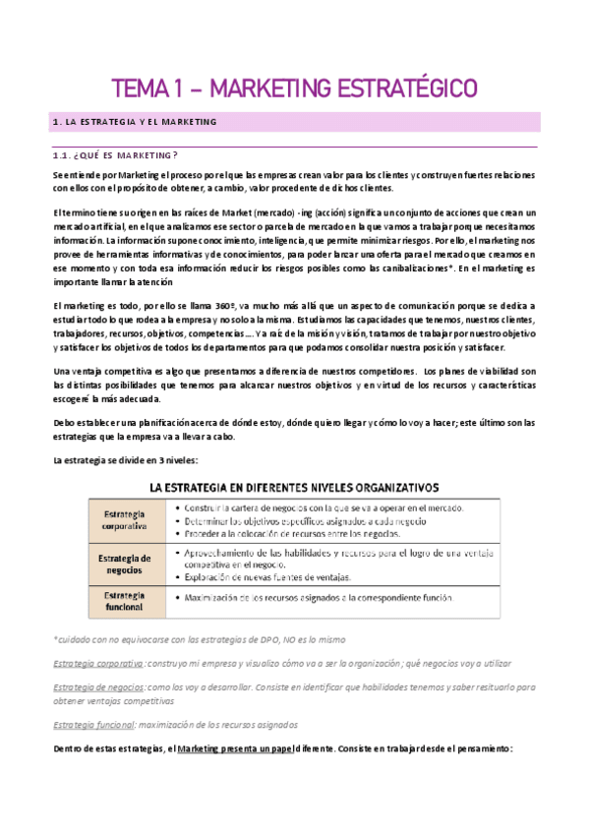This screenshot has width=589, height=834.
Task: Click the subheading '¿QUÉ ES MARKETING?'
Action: coord(117,155)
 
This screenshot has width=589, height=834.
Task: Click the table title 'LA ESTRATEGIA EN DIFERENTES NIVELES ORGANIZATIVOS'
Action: coord(294,487)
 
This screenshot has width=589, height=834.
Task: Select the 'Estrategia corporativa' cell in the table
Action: coord(122,520)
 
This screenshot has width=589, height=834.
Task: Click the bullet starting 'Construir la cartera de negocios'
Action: coord(315,507)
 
